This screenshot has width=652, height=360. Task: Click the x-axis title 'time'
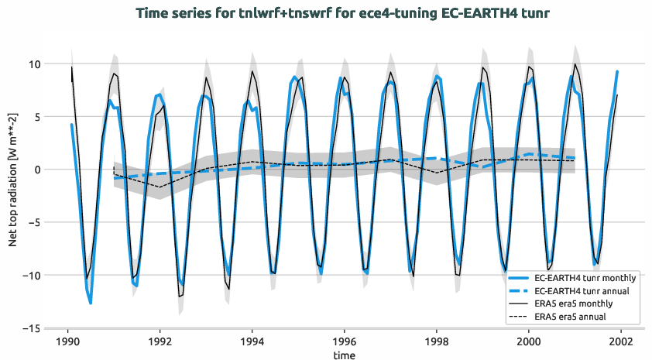pos(345,355)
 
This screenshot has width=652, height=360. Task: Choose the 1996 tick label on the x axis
pos(345,341)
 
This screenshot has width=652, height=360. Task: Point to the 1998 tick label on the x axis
pos(437,341)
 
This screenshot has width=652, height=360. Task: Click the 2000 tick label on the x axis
pos(529,341)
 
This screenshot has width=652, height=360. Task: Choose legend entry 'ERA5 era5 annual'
pos(572,317)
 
